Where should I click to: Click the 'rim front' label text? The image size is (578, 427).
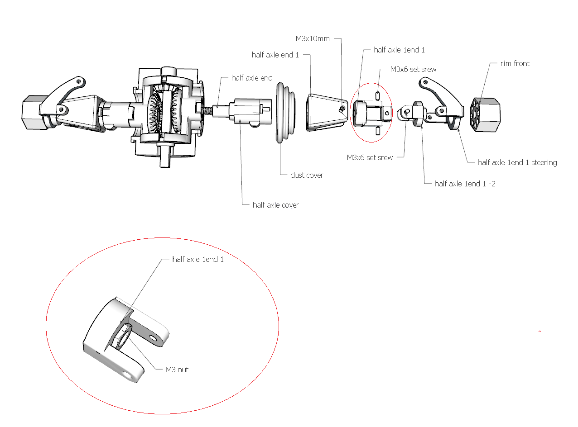click(x=515, y=63)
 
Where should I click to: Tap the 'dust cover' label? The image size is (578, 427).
click(x=307, y=175)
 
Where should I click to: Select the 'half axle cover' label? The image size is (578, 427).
click(x=275, y=205)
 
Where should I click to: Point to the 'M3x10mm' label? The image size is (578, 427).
click(x=312, y=38)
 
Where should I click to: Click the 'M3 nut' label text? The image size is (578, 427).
click(x=177, y=370)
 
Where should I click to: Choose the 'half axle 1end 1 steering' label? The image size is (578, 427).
click(x=517, y=162)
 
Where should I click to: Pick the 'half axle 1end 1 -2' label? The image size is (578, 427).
click(x=465, y=184)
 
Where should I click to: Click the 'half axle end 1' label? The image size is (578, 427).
click(x=275, y=55)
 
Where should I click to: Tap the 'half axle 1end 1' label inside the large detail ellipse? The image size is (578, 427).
click(x=198, y=259)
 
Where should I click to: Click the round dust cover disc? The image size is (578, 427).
click(x=284, y=112)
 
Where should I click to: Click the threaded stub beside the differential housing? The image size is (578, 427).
click(x=208, y=110)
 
